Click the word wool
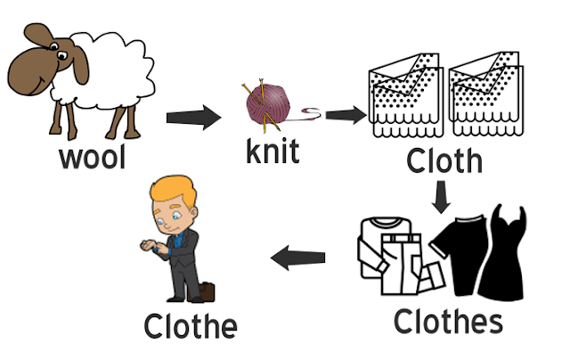point(92,158)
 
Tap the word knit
point(273,150)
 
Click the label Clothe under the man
point(191,325)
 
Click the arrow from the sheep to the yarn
point(193,116)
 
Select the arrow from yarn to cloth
point(346,115)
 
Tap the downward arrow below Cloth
point(439,197)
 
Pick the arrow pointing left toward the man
point(297,259)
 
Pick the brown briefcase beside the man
point(209,293)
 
